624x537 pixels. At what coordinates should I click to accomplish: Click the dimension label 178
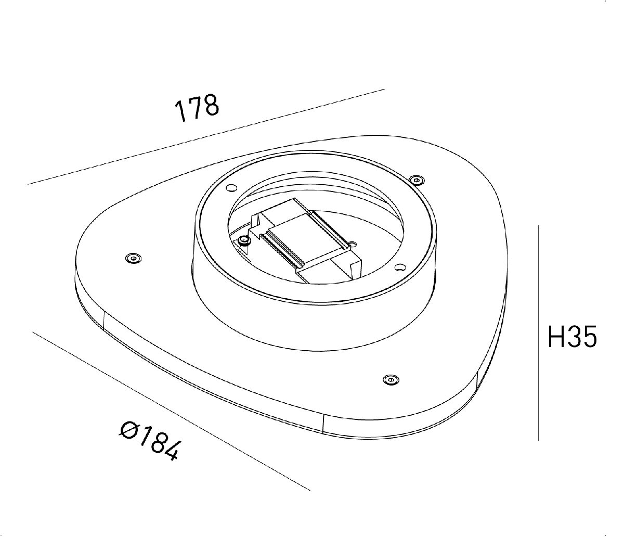click(197, 108)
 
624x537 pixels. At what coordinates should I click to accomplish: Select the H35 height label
click(573, 337)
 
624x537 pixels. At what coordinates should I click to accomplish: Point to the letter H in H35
click(557, 337)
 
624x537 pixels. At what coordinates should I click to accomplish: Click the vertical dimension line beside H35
click(538, 333)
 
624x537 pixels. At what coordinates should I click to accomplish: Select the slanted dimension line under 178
click(208, 136)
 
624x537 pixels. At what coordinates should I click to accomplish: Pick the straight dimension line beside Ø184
click(172, 411)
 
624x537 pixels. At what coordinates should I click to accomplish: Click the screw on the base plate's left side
click(134, 258)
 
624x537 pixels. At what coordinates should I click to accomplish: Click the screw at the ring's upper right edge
click(417, 180)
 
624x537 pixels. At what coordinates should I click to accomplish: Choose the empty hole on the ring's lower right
click(399, 267)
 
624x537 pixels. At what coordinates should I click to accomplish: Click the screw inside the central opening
click(243, 240)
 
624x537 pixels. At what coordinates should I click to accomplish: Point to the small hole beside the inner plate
click(352, 244)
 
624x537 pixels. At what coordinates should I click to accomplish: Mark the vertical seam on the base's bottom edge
click(323, 424)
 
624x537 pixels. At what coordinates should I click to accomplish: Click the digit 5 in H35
click(589, 337)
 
